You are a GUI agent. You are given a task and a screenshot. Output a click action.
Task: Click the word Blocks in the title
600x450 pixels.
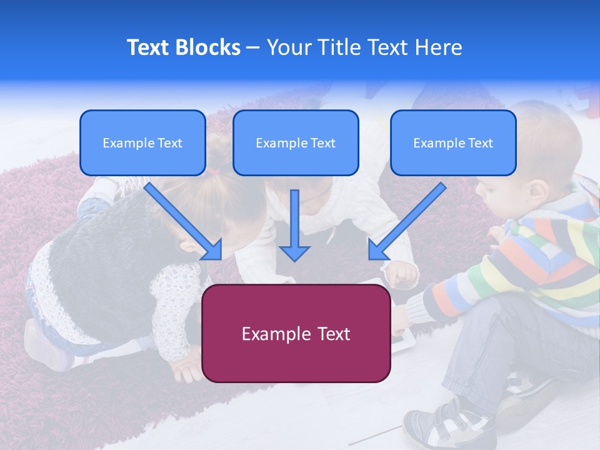(209, 47)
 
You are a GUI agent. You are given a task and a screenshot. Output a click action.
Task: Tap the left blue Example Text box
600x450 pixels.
(142, 143)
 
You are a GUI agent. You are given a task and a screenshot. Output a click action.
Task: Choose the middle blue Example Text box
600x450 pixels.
(296, 143)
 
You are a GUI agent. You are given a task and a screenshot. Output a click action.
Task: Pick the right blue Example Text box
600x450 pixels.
(453, 143)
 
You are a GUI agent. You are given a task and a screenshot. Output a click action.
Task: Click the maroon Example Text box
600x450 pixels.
(296, 333)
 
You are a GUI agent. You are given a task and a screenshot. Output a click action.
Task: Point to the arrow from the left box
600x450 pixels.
(184, 221)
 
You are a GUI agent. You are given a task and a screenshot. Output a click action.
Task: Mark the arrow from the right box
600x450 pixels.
(407, 221)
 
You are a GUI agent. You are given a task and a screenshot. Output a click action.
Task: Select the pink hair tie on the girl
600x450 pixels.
(215, 169)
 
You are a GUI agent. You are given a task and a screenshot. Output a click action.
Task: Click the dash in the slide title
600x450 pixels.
(253, 48)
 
